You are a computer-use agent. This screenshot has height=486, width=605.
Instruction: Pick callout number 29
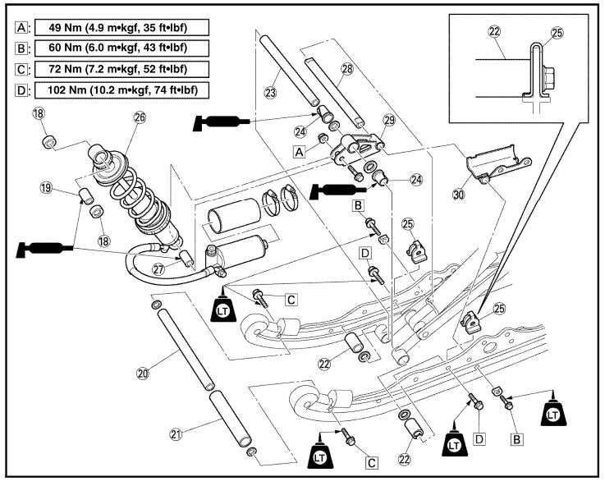(389, 120)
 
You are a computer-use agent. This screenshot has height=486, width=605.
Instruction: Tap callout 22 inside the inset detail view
(494, 31)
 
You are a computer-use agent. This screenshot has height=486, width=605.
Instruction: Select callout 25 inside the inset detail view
(557, 33)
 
